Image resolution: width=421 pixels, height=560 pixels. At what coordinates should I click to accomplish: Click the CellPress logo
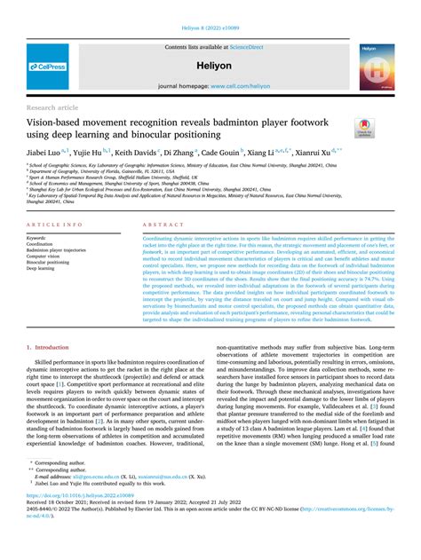tap(47, 67)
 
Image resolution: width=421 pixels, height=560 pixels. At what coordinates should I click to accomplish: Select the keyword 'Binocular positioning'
tap(49, 262)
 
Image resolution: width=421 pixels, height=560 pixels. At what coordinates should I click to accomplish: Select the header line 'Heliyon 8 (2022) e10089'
tap(210, 8)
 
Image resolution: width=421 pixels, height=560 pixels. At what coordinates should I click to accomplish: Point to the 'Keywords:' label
tap(37, 239)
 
